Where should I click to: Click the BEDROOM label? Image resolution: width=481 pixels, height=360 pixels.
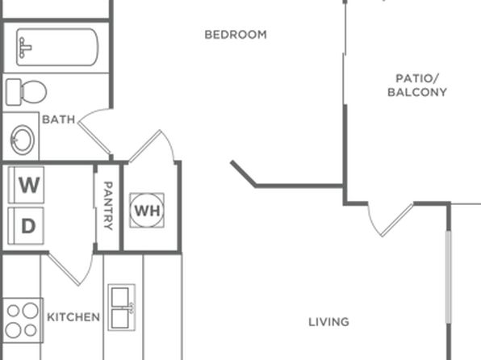236,35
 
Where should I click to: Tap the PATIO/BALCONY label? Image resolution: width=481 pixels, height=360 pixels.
417,86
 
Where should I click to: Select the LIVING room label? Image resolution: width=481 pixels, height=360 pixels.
328,322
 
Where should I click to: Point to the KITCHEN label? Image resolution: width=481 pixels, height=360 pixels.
73,317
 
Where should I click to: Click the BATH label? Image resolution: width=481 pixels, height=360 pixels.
59,119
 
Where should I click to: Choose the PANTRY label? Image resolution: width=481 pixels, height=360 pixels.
108,206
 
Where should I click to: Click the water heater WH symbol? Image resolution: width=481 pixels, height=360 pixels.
147,211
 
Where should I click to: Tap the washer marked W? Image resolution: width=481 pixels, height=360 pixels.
27,185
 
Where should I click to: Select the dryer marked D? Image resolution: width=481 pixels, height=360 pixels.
26,226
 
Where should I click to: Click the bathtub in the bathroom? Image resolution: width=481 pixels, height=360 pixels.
57,47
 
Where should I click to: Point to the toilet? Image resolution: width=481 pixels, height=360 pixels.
27,92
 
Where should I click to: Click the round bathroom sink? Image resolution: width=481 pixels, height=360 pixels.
22,140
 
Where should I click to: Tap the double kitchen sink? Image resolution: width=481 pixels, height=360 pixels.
122,308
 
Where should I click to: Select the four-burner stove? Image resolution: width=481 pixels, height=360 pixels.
22,320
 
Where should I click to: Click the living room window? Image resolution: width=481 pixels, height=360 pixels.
448,277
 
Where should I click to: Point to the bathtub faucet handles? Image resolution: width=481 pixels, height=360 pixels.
24,48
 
